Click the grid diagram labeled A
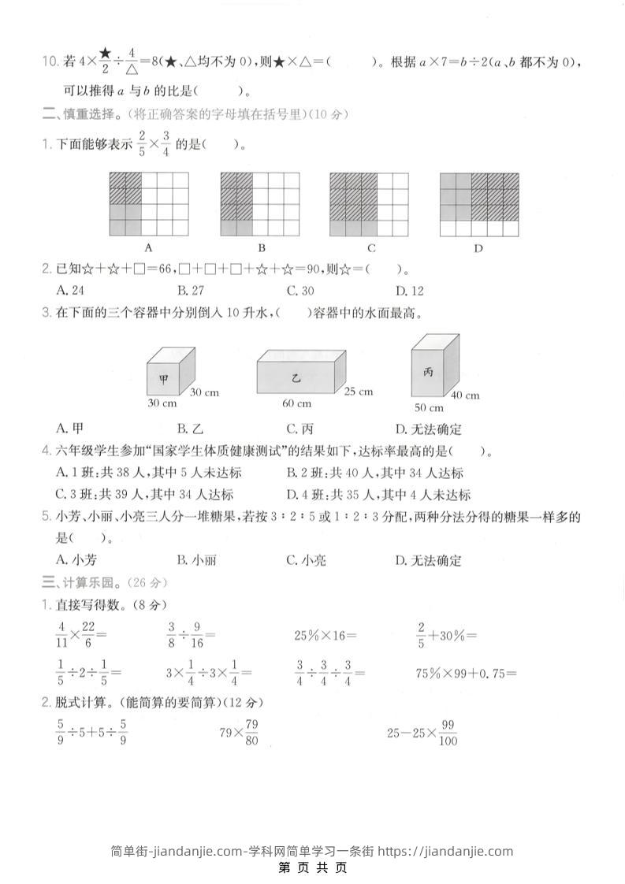(149, 203)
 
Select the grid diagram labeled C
(369, 203)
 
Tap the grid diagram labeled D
(479, 203)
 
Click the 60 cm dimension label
(297, 404)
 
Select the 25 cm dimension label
(359, 392)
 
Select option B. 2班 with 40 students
(375, 473)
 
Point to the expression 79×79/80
(240, 733)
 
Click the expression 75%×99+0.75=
(466, 673)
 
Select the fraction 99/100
(448, 733)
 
